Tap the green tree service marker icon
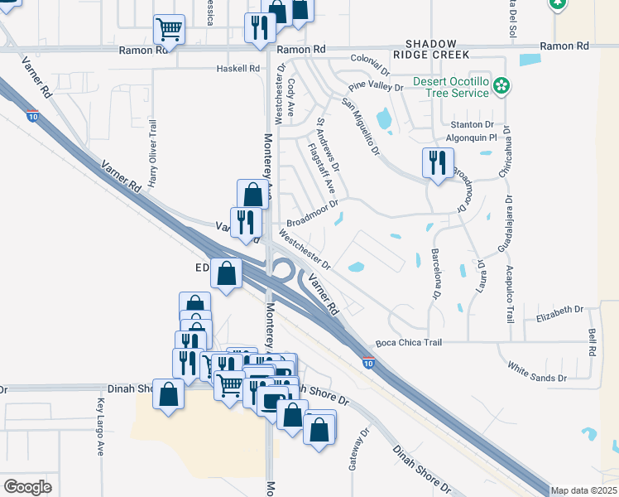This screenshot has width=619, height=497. coord(501,85)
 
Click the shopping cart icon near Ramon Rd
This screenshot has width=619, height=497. coord(169,30)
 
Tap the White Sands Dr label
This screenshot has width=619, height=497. coord(536,371)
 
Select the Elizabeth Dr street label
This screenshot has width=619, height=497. coord(559,311)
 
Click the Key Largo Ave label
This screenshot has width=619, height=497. coord(100,427)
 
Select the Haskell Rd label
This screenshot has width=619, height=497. coord(238,68)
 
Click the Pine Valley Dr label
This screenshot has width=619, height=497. coord(375,86)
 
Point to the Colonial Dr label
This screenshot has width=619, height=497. coord(370,60)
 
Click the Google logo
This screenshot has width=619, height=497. coord(27,487)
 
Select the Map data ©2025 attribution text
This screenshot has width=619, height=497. coord(583,490)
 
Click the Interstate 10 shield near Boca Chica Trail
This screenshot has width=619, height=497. coord(368,363)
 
